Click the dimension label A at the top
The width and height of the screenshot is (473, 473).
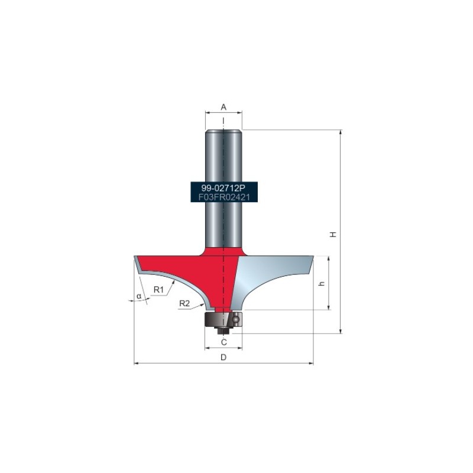tap(223, 107)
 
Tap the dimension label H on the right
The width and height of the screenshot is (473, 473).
tap(333, 234)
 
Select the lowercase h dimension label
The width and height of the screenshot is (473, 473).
tap(322, 283)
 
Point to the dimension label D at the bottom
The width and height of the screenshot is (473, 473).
tap(223, 357)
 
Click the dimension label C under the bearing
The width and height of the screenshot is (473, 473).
tap(223, 342)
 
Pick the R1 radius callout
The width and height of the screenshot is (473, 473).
tap(158, 290)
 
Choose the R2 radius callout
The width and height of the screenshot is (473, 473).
tap(184, 303)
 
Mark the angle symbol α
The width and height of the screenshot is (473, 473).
tap(139, 296)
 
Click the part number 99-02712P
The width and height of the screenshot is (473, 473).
tap(223, 187)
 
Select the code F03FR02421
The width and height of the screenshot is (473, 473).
tap(223, 197)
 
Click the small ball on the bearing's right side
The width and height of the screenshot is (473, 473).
tap(235, 319)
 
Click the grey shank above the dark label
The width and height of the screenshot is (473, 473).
tap(223, 154)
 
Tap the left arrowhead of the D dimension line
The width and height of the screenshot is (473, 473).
tap(136, 363)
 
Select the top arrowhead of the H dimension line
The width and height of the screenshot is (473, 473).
tap(341, 132)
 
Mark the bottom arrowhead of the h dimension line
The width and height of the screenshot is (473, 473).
tap(329, 308)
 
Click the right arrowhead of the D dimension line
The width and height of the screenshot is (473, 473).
tap(312, 363)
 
